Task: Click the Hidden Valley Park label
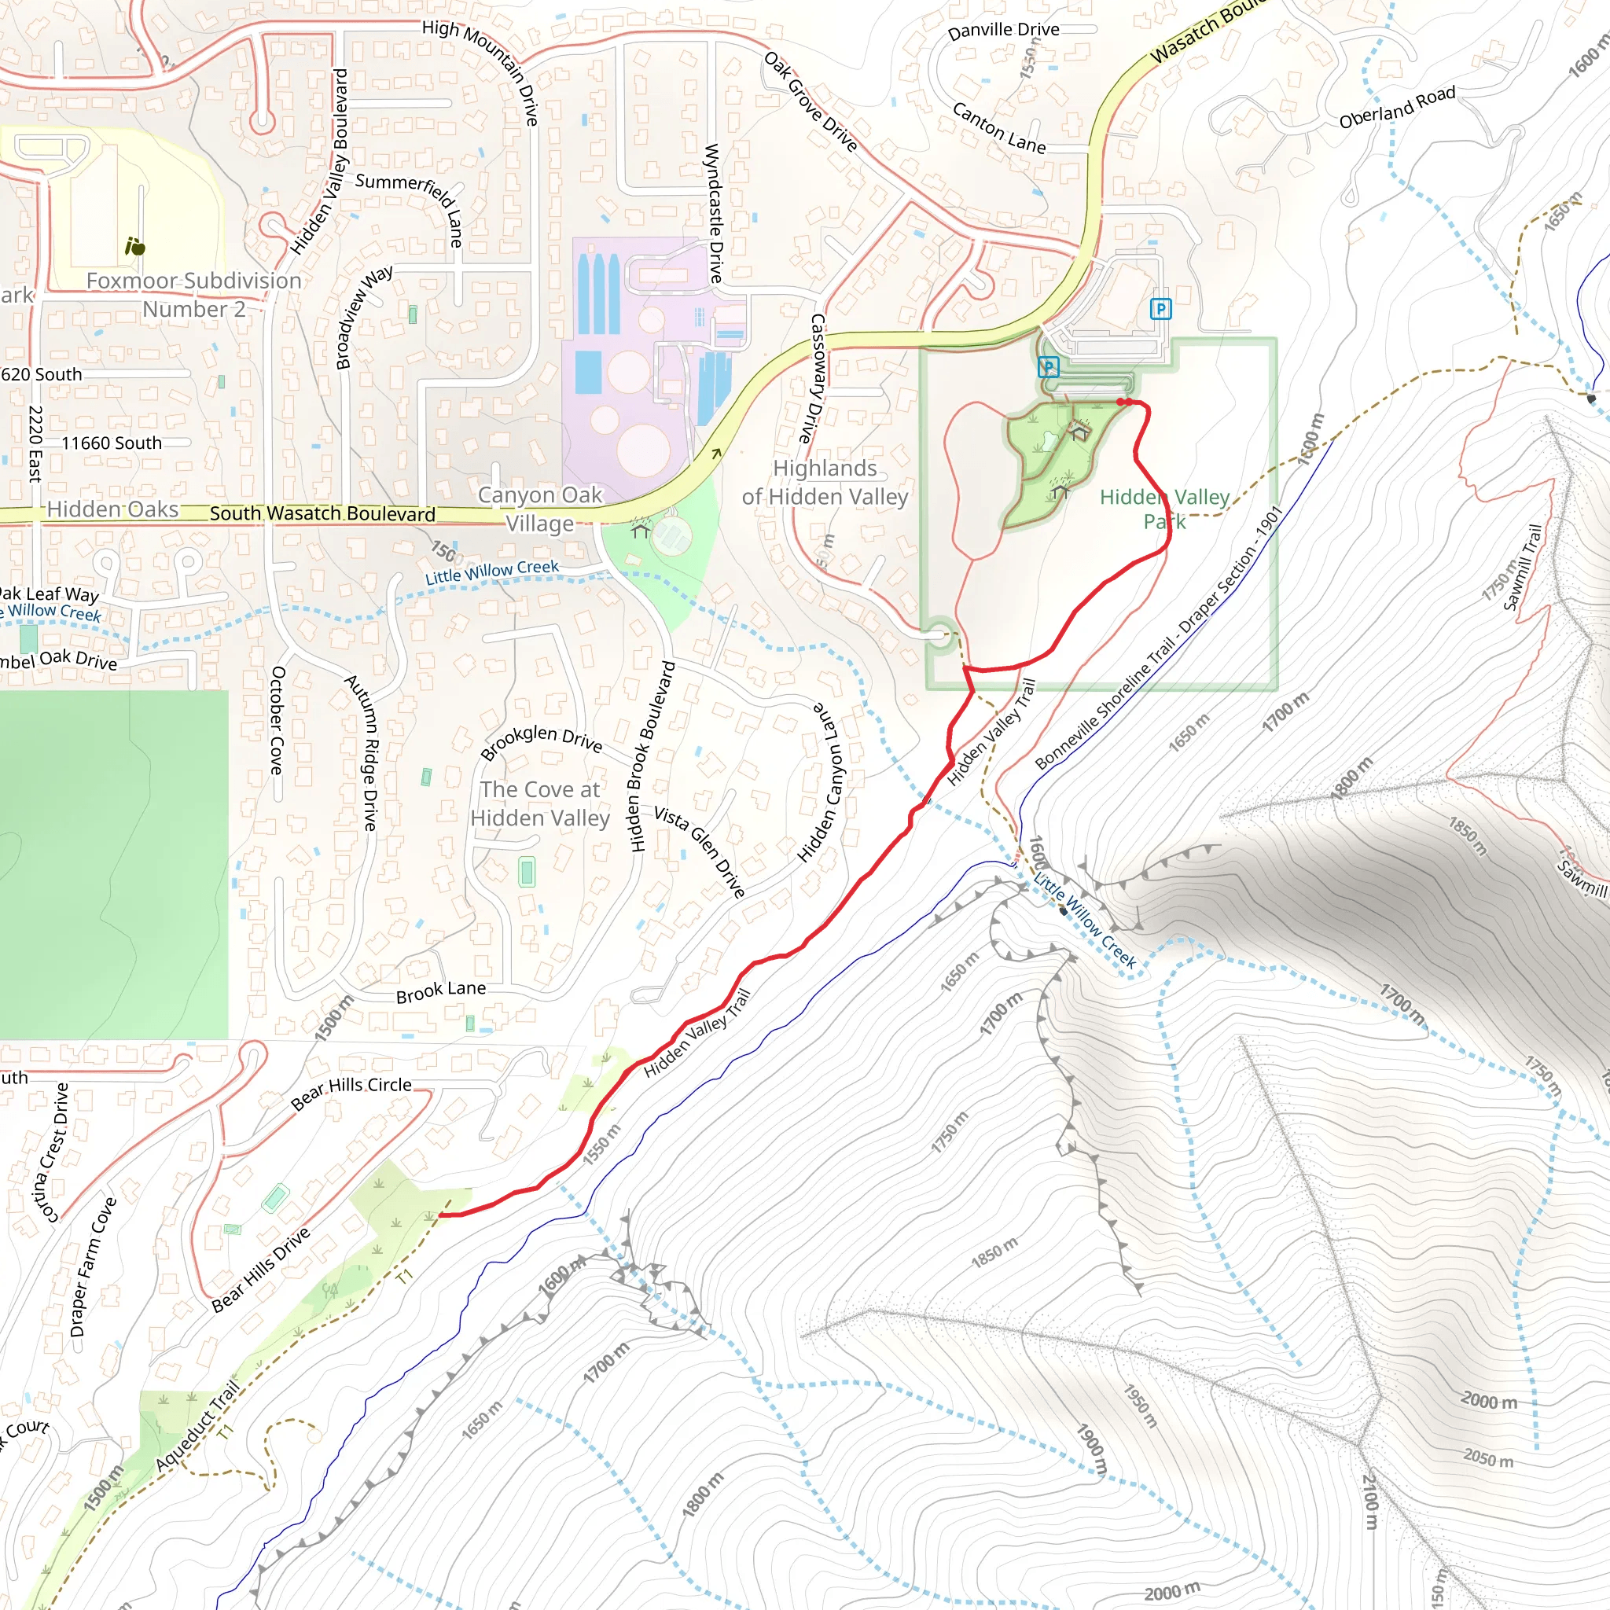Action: click(1164, 509)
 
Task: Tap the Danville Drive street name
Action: click(1003, 30)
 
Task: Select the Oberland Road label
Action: click(1397, 107)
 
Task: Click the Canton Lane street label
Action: click(998, 127)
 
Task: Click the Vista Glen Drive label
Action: click(699, 851)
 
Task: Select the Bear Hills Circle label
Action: click(351, 1094)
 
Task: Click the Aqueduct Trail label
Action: click(197, 1425)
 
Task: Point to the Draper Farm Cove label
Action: click(93, 1266)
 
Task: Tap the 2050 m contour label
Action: click(1487, 1459)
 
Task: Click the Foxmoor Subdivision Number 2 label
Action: click(194, 294)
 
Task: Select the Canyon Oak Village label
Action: click(540, 509)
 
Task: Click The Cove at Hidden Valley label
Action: click(540, 803)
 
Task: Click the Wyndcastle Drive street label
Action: click(713, 212)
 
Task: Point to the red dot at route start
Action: click(1123, 402)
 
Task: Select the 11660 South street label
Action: click(112, 443)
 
